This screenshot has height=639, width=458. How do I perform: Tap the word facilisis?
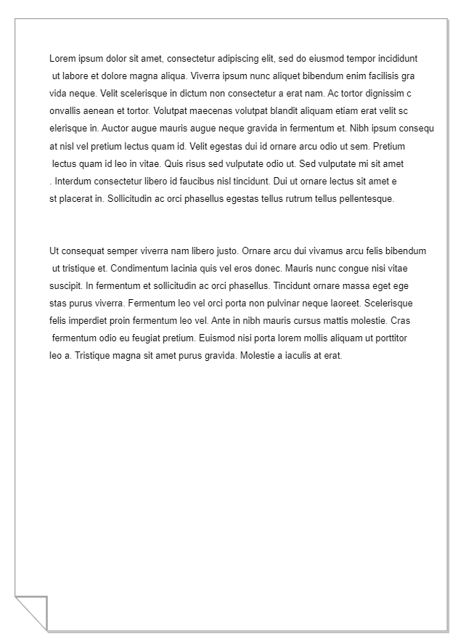coord(381,76)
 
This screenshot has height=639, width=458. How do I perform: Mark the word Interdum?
coord(73,181)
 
